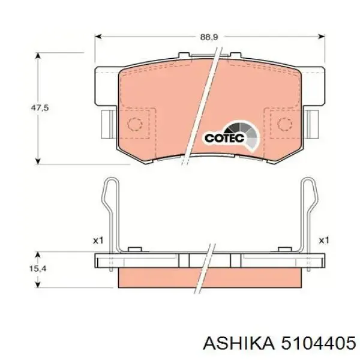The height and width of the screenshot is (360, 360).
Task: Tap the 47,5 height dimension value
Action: tap(40, 108)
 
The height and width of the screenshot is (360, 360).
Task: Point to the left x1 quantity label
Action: tap(98, 240)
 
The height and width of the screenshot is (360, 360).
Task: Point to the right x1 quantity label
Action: tap(324, 240)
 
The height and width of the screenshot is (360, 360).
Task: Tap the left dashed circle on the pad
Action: tap(136, 124)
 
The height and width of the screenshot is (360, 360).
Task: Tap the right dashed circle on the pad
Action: tap(282, 124)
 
